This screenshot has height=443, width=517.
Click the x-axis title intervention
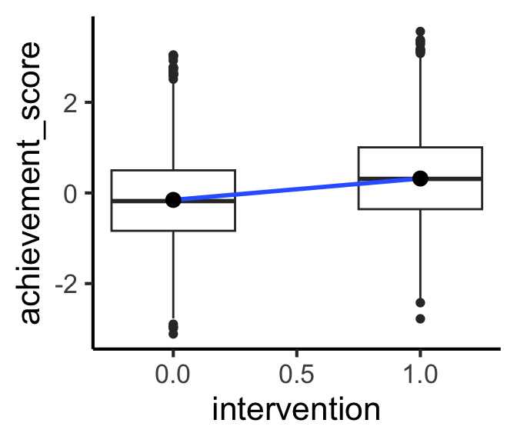[296, 408]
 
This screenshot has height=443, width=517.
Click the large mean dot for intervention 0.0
[173, 200]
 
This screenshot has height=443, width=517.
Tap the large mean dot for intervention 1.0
[420, 178]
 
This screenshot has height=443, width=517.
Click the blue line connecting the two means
[296, 189]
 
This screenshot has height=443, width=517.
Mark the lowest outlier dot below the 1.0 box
[420, 318]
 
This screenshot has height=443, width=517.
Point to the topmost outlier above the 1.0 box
[420, 32]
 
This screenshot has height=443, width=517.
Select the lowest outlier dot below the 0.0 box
[173, 334]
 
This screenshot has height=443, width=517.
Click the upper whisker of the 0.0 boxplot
[173, 123]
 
